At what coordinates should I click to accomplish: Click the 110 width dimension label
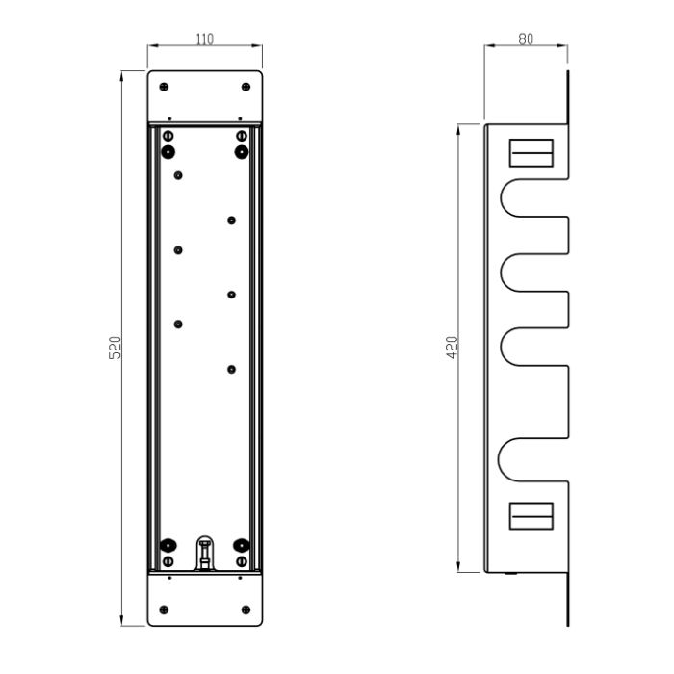[204, 39]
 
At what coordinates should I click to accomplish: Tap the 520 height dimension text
[115, 348]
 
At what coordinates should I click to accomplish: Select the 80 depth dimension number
[526, 39]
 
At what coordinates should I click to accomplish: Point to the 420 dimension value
[453, 348]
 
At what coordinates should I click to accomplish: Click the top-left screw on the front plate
[164, 87]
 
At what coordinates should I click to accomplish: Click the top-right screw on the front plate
[246, 87]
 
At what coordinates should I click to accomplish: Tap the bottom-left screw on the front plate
[164, 609]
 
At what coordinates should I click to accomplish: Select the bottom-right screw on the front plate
[246, 609]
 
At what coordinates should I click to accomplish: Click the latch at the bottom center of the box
[205, 554]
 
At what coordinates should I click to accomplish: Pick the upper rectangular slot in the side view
[531, 152]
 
